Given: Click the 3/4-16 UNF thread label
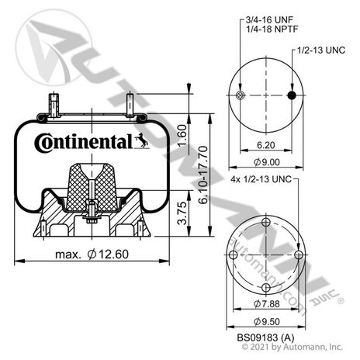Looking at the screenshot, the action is click(x=269, y=19).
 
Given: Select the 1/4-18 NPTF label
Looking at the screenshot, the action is click(x=272, y=29).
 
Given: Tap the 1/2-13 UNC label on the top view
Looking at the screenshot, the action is click(x=321, y=50).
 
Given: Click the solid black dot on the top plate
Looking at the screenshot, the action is click(x=292, y=95).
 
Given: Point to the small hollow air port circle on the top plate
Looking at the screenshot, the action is click(x=241, y=95).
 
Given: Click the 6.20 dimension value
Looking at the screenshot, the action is click(x=266, y=145).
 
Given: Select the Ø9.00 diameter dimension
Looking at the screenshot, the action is click(x=267, y=162).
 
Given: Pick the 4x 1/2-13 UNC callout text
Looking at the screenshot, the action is click(x=261, y=179).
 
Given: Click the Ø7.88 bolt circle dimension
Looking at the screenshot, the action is click(x=267, y=303).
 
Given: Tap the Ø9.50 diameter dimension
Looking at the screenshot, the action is click(x=267, y=321).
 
